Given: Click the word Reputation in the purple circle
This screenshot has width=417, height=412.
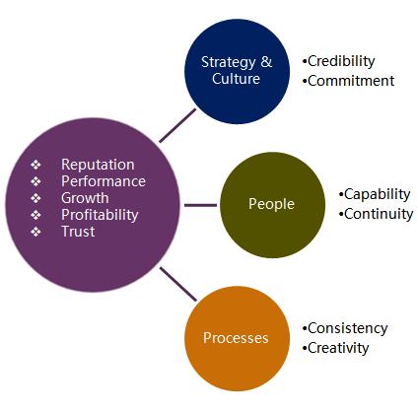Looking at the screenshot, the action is point(98,165).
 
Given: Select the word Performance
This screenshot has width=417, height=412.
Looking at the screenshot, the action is point(104,181).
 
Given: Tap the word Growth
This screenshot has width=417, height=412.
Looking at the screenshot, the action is point(85,198).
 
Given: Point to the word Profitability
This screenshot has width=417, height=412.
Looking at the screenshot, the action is point(100,216).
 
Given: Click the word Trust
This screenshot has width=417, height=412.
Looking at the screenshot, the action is point(78,232).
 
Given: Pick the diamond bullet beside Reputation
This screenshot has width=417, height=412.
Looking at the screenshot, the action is point(35,165).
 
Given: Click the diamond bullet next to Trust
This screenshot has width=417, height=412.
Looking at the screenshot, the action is point(35,232).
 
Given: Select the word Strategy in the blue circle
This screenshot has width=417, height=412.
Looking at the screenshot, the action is point(229,62).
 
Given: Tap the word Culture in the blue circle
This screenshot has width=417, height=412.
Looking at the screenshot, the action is point(236,79).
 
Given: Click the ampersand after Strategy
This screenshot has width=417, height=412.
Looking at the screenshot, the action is point(267,62).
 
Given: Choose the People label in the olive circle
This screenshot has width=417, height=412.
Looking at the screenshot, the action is point(271,204).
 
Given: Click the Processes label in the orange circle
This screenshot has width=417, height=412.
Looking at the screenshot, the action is point(236,338).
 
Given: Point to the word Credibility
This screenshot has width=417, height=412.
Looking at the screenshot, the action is point(341,61).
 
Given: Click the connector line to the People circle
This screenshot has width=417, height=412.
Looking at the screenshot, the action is point(201,205).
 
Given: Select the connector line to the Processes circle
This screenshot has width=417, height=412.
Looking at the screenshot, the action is point(178,284).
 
